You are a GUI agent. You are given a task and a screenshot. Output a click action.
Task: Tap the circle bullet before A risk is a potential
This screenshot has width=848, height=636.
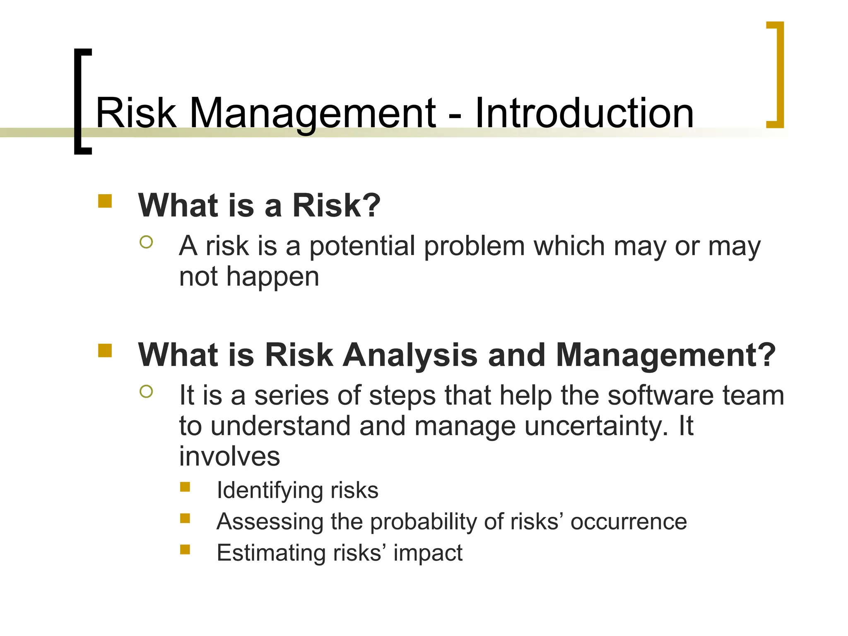point(146,242)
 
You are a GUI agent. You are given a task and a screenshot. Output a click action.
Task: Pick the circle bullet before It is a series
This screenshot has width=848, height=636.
point(146,391)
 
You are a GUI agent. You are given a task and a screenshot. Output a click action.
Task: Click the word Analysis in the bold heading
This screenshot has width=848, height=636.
point(410,355)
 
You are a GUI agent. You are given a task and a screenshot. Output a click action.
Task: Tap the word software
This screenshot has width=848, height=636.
point(660,395)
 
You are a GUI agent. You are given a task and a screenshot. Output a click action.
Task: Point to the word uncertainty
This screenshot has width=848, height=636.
point(596,426)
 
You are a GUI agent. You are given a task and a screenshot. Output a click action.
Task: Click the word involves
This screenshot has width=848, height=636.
point(229,456)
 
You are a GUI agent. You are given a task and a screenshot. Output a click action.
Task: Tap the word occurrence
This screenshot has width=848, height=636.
point(629,522)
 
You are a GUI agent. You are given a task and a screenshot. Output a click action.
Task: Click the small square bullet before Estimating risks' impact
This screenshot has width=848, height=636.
point(185,549)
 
